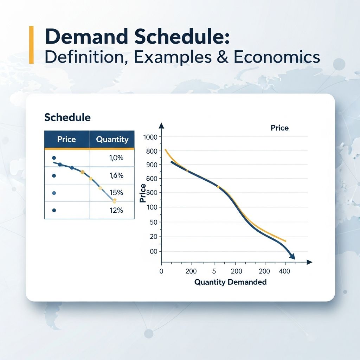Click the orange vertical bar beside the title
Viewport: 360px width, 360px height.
pos(31,45)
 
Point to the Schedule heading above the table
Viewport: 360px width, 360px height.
pos(67,117)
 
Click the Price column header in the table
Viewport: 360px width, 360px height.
pos(66,139)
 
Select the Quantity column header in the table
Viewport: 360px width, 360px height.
pos(112,139)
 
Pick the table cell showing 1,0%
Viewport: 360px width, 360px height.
pos(116,158)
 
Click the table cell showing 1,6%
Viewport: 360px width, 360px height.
pos(116,175)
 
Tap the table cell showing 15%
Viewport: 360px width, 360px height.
pos(116,193)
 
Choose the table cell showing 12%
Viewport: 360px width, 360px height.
pos(116,210)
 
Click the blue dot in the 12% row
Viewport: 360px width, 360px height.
pos(54,210)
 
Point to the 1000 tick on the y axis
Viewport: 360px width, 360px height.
pos(151,137)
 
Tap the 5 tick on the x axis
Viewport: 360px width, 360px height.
pos(214,271)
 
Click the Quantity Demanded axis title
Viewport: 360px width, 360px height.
pos(230,282)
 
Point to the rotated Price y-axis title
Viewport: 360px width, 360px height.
pos(143,193)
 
